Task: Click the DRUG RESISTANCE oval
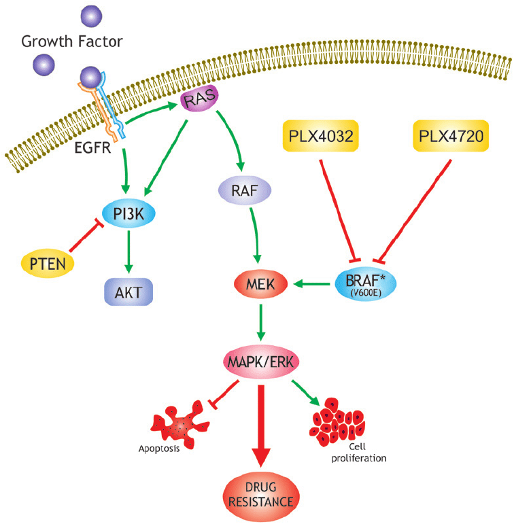[x=261, y=495]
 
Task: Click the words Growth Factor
[x=72, y=41]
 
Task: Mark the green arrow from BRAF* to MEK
[x=312, y=283]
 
